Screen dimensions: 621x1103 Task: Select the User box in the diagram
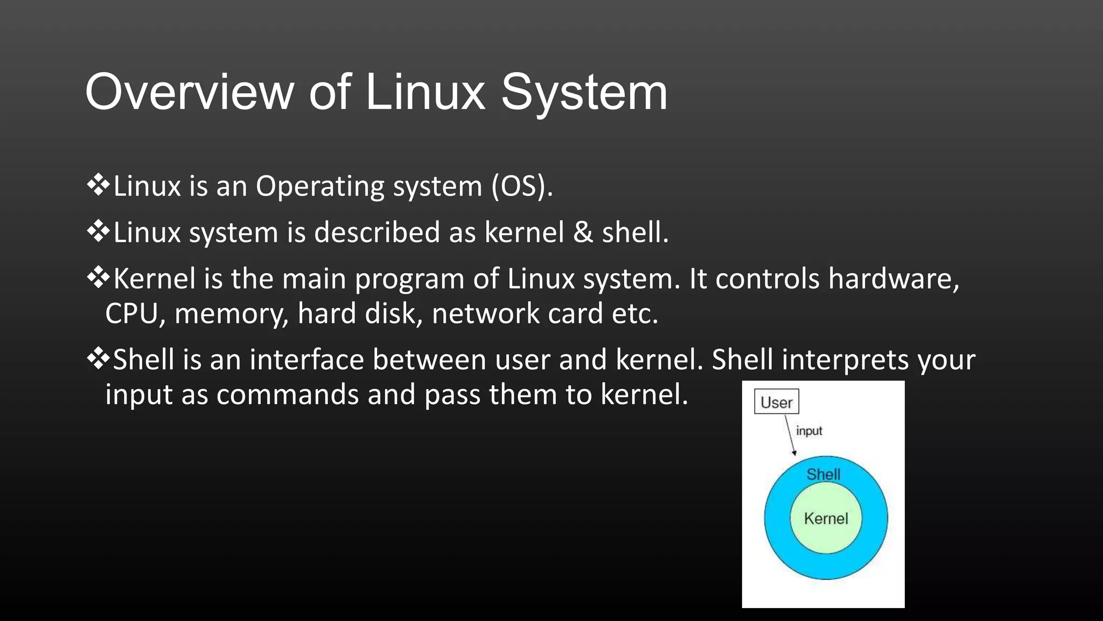click(x=776, y=402)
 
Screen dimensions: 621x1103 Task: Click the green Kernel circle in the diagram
click(x=826, y=519)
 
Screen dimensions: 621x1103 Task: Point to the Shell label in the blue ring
click(x=823, y=474)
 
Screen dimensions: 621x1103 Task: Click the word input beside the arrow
click(x=809, y=431)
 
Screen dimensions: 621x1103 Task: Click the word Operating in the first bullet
click(x=319, y=187)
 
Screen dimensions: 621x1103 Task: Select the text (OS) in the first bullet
click(x=521, y=187)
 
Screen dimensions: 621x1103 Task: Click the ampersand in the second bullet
click(x=583, y=232)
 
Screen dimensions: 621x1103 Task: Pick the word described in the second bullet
click(x=377, y=232)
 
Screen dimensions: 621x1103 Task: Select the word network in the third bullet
click(x=485, y=313)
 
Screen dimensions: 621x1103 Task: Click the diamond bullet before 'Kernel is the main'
click(x=98, y=278)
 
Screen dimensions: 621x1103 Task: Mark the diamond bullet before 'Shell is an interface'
click(x=98, y=358)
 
